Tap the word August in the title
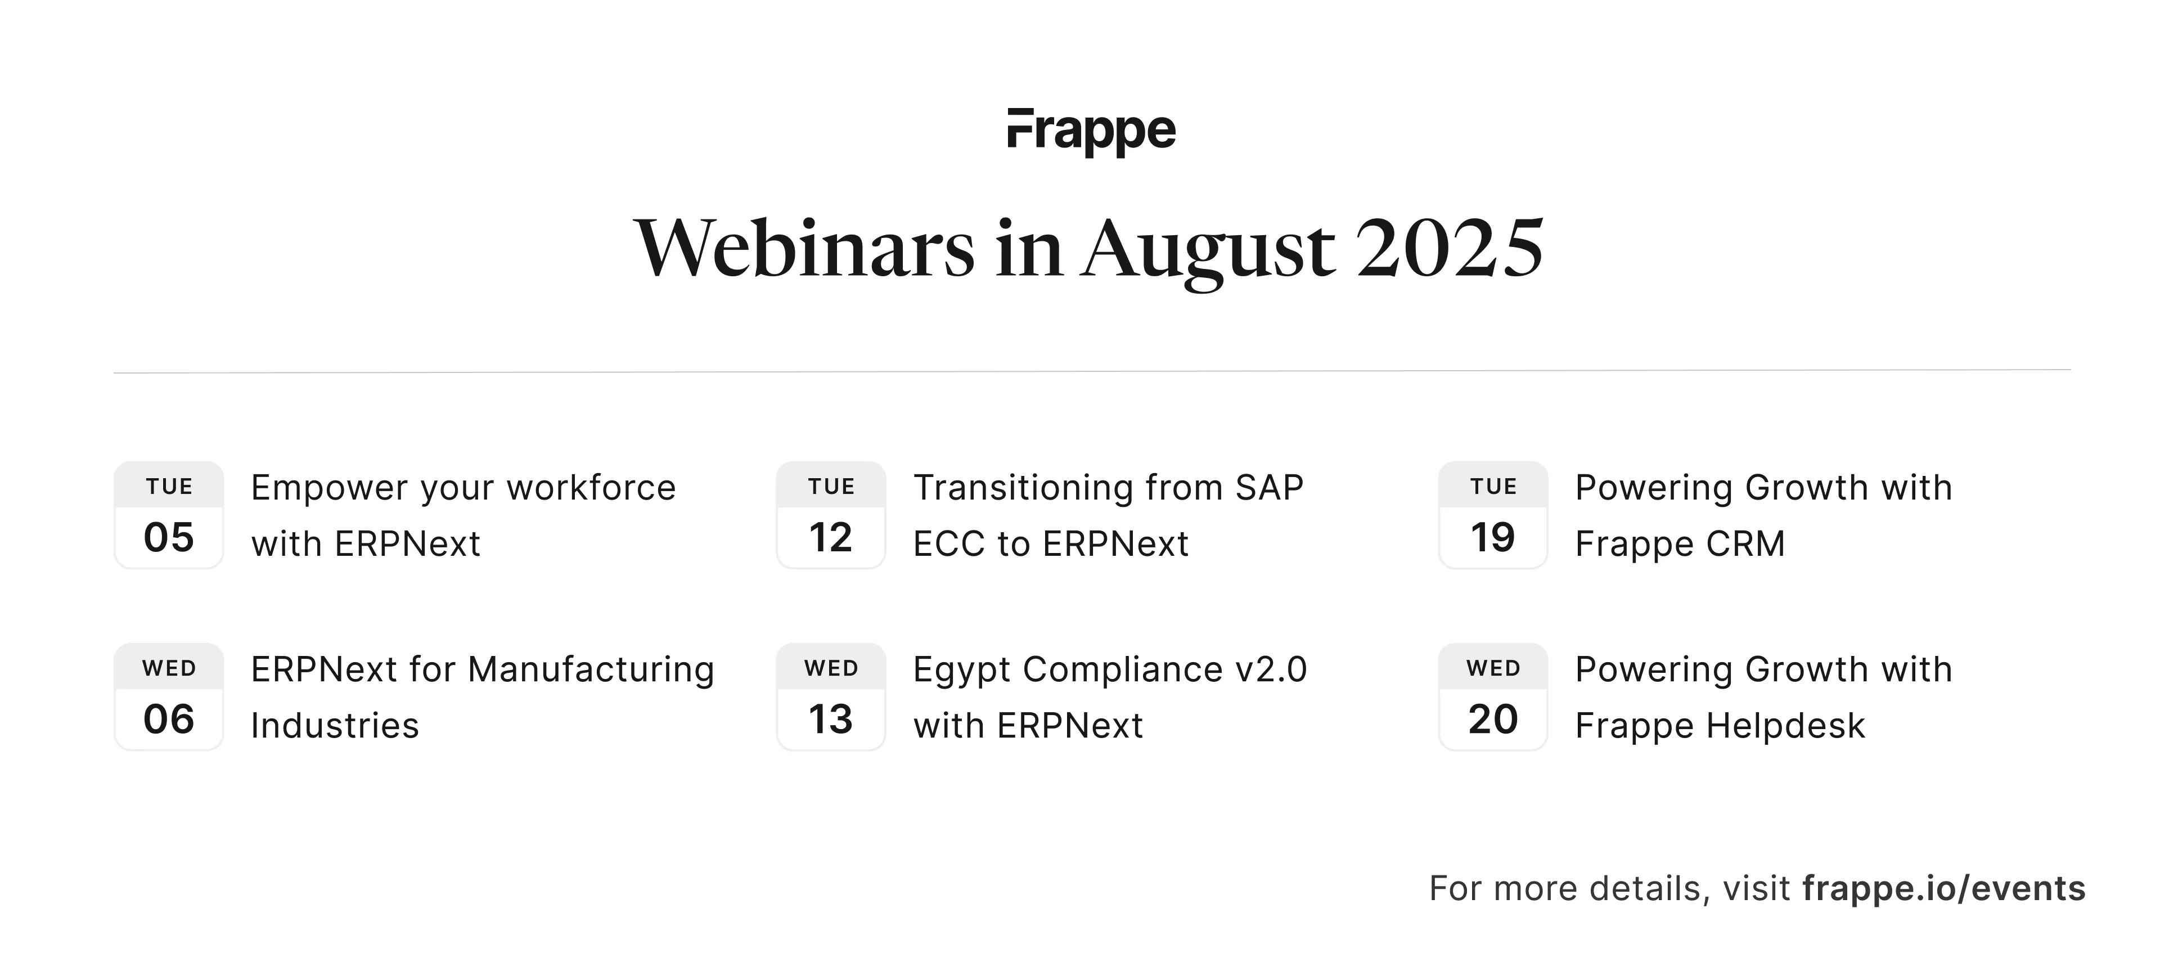point(1208,251)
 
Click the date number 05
point(169,538)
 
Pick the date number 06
point(169,720)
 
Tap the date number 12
point(830,538)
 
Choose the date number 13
point(830,720)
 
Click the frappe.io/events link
point(1943,888)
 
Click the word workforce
point(591,487)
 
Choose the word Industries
point(335,726)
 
